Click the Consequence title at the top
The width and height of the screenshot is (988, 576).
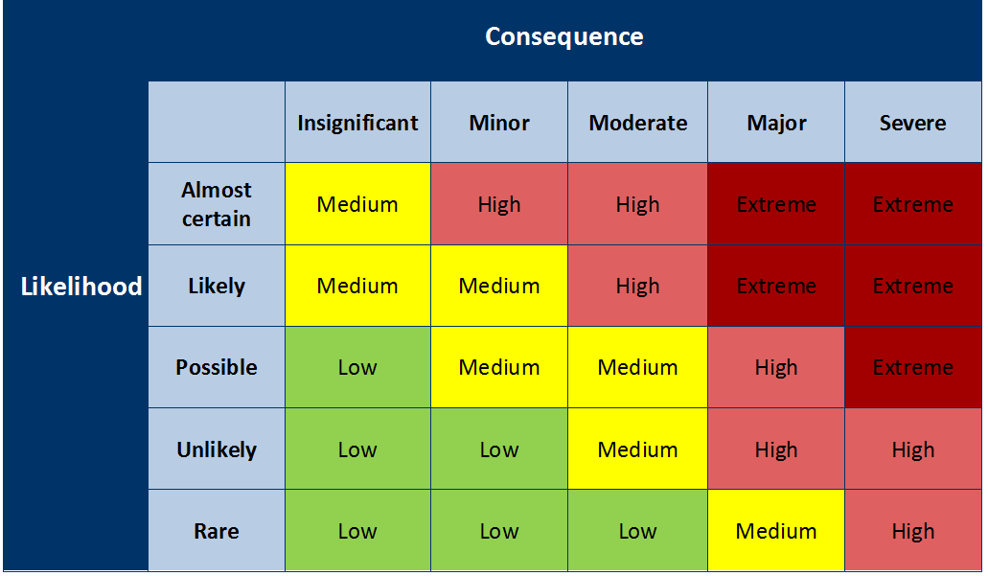pyautogui.click(x=563, y=36)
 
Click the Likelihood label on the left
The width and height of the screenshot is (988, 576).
pyautogui.click(x=81, y=286)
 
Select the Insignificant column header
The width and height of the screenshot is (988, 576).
pyautogui.click(x=357, y=123)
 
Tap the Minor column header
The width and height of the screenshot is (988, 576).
pyautogui.click(x=499, y=123)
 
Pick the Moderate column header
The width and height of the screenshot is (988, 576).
pyautogui.click(x=638, y=123)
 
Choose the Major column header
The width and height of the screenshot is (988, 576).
pyautogui.click(x=776, y=123)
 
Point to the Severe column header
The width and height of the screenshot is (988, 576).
pyautogui.click(x=912, y=123)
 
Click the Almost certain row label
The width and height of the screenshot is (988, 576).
pyautogui.click(x=217, y=204)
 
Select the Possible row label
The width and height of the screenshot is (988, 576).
pyautogui.click(x=217, y=367)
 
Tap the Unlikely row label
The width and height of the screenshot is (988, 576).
pyautogui.click(x=217, y=449)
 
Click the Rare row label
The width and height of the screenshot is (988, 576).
pyautogui.click(x=217, y=531)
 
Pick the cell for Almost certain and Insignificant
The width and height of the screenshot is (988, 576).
pyautogui.click(x=357, y=204)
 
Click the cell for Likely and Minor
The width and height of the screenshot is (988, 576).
pyautogui.click(x=499, y=286)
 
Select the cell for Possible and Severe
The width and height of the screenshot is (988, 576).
pyautogui.click(x=912, y=367)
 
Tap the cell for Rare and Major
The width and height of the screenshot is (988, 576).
pyautogui.click(x=776, y=531)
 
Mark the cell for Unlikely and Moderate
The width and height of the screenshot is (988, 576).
pyautogui.click(x=638, y=449)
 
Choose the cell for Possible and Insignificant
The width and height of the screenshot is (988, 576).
pyautogui.click(x=357, y=367)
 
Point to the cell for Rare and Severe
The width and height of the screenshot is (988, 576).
pyautogui.click(x=912, y=531)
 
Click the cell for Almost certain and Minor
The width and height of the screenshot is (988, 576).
pyautogui.click(x=499, y=204)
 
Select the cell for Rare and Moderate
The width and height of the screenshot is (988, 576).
pyautogui.click(x=638, y=531)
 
